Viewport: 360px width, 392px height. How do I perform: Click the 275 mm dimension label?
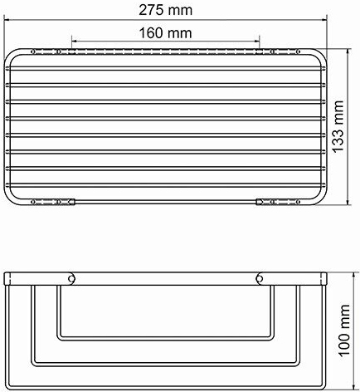165,11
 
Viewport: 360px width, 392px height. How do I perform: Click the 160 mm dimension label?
165,33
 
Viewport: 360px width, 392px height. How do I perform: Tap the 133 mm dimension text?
338,126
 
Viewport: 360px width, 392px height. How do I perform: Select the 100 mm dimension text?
344,330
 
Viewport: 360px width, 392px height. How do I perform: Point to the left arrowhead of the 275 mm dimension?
7,20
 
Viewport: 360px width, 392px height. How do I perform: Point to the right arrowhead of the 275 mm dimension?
324,20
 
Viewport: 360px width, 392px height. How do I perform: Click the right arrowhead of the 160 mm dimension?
256,41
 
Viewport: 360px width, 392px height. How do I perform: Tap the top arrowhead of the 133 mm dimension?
348,52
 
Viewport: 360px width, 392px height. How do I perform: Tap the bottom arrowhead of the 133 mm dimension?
348,201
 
